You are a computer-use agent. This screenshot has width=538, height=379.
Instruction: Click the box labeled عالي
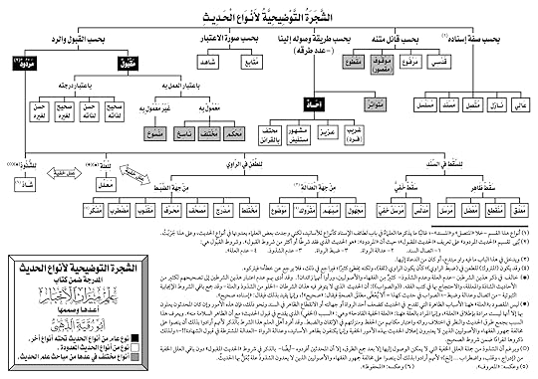click(x=521, y=101)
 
